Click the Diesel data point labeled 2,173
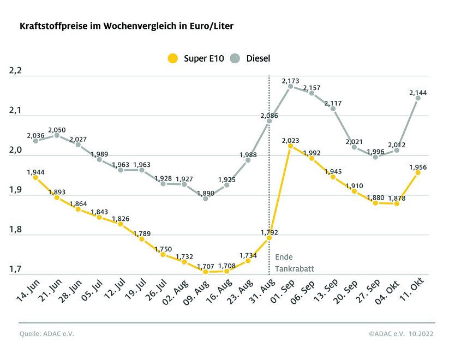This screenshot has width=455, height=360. point(290,86)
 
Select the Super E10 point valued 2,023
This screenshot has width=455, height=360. point(290,146)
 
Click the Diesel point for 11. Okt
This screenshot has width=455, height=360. point(418,98)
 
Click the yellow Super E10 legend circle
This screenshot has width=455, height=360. point(173,58)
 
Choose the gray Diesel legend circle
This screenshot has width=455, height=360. point(235,58)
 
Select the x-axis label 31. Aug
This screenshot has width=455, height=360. point(259,292)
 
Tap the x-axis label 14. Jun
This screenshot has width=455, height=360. point(26,292)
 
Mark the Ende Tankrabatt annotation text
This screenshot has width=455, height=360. point(294,262)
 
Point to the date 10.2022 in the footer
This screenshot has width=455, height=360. point(422,334)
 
